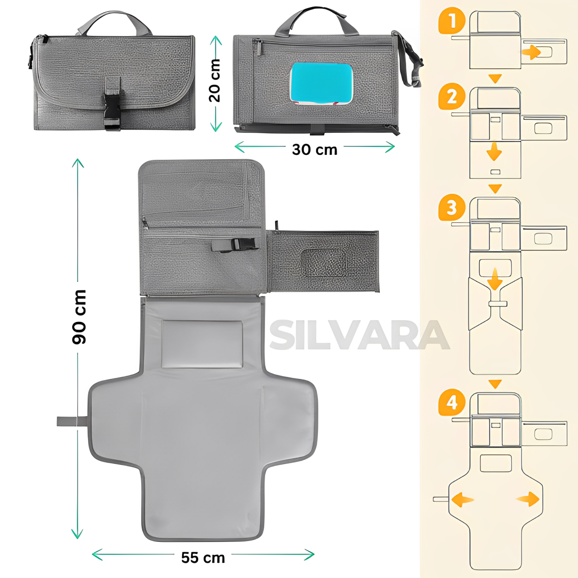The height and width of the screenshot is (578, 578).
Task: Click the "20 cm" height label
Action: (x=215, y=80)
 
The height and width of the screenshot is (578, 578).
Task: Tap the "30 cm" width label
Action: (x=315, y=149)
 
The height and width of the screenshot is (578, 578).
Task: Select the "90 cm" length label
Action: (x=79, y=317)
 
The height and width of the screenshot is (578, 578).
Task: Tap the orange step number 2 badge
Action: (x=452, y=98)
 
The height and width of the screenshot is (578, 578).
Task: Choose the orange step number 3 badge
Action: (x=452, y=208)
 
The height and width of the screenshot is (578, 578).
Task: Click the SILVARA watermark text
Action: (x=359, y=335)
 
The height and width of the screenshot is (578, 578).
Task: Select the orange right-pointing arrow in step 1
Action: (x=531, y=52)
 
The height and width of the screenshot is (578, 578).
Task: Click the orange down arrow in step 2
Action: (x=494, y=151)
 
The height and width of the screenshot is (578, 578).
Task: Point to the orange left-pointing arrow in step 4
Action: (x=463, y=499)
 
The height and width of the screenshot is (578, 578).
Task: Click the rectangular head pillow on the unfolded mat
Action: (x=202, y=344)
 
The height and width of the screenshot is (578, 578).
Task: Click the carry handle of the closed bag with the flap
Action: (x=115, y=23)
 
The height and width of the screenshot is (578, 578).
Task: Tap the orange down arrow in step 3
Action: (x=494, y=279)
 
